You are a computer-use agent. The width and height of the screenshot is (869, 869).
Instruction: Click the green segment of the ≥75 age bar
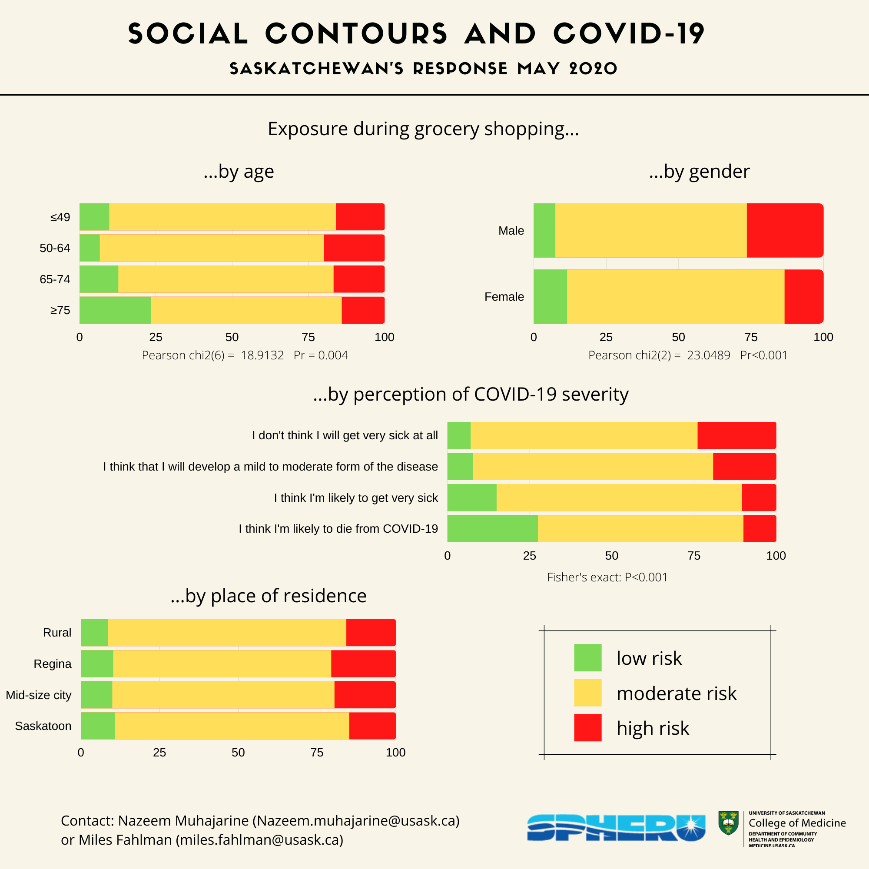115,310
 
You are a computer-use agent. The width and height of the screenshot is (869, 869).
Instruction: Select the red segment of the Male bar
784,230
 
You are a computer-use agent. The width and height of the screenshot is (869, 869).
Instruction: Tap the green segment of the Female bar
550,296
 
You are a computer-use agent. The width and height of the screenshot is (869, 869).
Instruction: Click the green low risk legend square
587,657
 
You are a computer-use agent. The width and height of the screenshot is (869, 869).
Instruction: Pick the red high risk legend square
587,727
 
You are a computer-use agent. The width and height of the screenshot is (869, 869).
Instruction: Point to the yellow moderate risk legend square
587,693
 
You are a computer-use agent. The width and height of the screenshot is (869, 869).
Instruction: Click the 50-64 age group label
55,248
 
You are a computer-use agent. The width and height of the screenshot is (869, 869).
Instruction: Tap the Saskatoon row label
43,726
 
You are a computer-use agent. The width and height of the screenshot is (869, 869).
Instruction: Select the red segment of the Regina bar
363,663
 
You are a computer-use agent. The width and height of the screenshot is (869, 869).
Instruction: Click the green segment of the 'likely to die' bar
492,528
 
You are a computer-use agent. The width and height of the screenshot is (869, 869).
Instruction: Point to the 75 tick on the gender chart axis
751,337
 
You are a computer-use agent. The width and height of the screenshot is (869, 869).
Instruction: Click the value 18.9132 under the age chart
262,355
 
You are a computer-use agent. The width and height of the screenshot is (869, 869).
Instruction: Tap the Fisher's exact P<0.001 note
607,577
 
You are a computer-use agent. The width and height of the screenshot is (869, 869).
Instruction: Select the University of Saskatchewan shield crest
728,823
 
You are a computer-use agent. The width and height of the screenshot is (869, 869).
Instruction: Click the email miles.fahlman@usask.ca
259,840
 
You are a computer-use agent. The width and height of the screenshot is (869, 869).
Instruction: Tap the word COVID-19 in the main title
628,34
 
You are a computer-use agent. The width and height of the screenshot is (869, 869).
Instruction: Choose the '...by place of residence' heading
269,596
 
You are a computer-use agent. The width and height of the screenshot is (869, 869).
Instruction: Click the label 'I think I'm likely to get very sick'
356,498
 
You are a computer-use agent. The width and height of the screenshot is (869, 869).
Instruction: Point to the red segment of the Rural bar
371,632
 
